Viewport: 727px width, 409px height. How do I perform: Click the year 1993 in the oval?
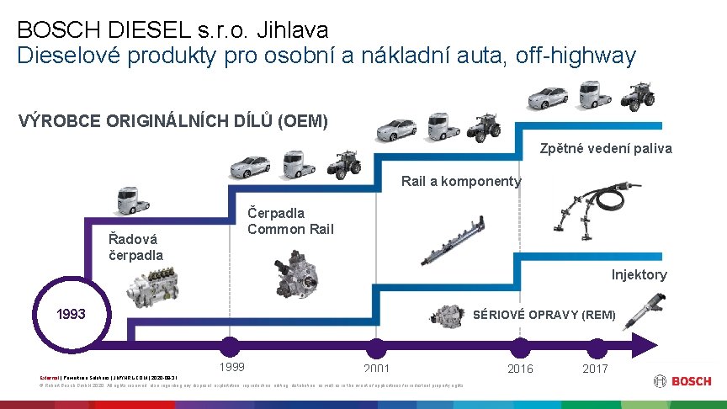(71, 314)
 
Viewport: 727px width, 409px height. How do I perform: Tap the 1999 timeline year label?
(231, 366)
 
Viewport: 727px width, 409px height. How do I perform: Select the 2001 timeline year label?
(376, 369)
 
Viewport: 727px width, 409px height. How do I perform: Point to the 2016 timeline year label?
(520, 369)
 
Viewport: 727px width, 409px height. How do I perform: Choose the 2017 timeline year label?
(594, 369)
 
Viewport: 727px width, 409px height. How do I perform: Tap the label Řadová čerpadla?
(136, 247)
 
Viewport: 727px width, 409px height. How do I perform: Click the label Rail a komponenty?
(461, 181)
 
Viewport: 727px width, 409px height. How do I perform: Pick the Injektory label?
(639, 274)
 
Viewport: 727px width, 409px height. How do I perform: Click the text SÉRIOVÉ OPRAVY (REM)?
(544, 315)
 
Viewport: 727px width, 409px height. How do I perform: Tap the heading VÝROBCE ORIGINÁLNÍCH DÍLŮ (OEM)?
(172, 120)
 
